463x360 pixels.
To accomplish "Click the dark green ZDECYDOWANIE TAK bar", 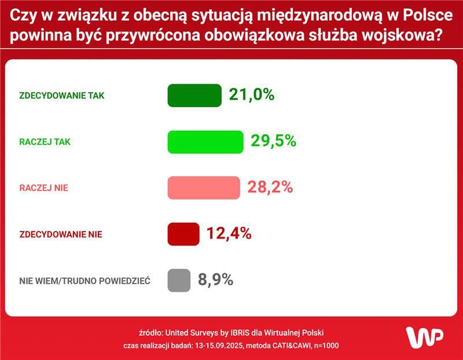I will tap(194, 95).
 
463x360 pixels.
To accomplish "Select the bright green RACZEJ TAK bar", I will tap(205, 142).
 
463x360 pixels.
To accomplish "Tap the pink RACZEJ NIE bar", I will tap(204, 188).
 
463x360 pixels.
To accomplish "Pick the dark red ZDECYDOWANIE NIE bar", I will tap(183, 234).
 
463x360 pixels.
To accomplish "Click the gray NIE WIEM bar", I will tap(179, 281).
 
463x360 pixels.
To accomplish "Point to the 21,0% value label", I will tap(251, 95).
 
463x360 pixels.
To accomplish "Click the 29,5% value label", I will tap(273, 141).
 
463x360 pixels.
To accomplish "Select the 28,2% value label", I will tap(270, 188).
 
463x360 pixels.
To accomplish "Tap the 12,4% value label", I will tap(229, 234).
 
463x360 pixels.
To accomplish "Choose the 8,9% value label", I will tap(215, 280).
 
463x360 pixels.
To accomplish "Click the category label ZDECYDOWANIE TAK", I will tap(62, 95).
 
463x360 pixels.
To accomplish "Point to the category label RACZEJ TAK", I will tap(45, 142).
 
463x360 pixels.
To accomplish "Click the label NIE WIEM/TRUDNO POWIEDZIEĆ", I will tap(84, 281).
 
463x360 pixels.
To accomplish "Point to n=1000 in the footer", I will tap(326, 346).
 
